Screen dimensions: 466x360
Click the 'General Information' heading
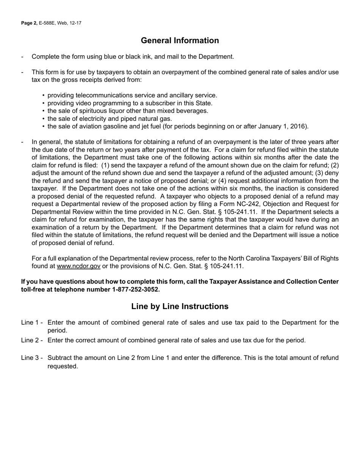point(180,41)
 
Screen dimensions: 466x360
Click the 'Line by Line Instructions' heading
point(180,306)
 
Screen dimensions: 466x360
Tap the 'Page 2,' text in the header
point(29,23)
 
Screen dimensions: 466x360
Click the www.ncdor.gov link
point(78,266)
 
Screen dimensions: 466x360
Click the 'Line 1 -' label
point(32,322)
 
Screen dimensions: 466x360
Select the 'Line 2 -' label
point(32,340)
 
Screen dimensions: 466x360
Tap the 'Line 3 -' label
point(32,358)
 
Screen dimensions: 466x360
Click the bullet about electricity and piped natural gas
point(110,119)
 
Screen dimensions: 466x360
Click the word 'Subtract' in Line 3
point(59,358)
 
